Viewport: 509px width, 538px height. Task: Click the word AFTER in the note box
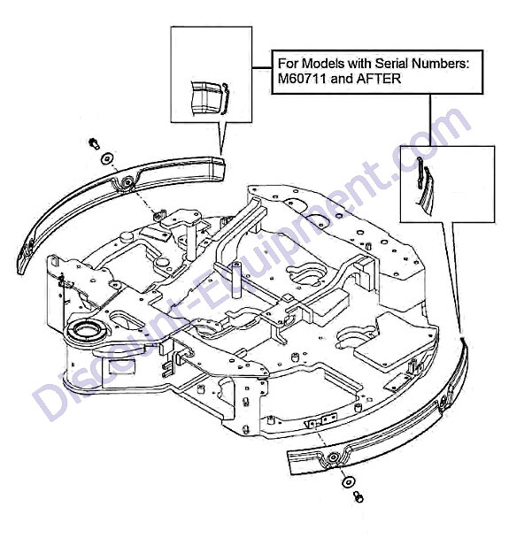pos(379,79)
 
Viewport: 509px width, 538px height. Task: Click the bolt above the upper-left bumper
pos(94,143)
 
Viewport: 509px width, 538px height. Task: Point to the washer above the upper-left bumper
pos(107,158)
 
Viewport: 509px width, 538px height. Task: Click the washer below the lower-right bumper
pos(349,482)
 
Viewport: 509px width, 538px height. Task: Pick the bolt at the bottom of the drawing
pos(359,496)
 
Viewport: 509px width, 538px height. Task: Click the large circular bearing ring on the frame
pos(86,330)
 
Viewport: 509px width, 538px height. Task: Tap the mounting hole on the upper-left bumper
pos(128,181)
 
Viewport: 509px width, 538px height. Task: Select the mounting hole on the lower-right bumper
pos(333,457)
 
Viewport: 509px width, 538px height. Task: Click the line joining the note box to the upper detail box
pos(262,68)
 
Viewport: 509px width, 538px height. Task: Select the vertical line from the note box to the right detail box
pos(430,120)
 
